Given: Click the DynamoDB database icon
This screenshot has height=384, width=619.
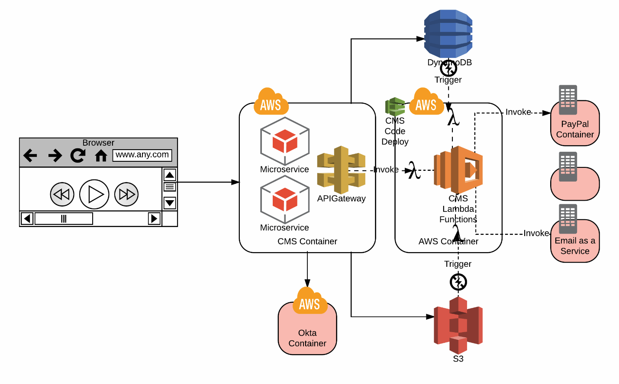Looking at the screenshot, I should pyautogui.click(x=448, y=34).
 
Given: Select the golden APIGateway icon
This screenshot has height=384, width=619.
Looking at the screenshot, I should pyautogui.click(x=341, y=170).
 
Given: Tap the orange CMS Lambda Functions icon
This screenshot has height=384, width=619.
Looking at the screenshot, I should pyautogui.click(x=458, y=170).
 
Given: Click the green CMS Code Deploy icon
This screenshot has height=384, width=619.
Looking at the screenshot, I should pyautogui.click(x=395, y=106).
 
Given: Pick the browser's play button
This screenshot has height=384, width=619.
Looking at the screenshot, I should pyautogui.click(x=94, y=194).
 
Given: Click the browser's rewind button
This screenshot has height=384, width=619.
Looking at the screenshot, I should pyautogui.click(x=62, y=194).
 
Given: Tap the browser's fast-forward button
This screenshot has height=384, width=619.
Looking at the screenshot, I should pyautogui.click(x=126, y=194).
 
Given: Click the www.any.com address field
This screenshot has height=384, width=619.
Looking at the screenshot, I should pyautogui.click(x=142, y=155).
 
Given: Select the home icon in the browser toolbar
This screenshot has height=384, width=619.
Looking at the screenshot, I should pyautogui.click(x=101, y=155).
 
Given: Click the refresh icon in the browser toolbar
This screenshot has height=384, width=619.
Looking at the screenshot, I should pyautogui.click(x=78, y=155).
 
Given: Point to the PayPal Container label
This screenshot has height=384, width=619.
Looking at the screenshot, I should pyautogui.click(x=575, y=129).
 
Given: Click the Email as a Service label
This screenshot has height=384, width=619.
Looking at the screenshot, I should pyautogui.click(x=575, y=246).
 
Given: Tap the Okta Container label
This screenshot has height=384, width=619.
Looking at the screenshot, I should pyautogui.click(x=307, y=338).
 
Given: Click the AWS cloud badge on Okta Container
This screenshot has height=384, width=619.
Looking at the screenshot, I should pyautogui.click(x=309, y=301).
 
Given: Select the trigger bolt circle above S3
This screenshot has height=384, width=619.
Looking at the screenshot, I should pyautogui.click(x=458, y=282).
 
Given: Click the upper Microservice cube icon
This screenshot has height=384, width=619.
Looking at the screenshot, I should pyautogui.click(x=284, y=141).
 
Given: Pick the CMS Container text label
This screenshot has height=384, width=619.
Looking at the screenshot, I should pyautogui.click(x=307, y=241).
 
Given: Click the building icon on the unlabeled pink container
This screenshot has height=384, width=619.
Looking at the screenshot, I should pyautogui.click(x=568, y=166).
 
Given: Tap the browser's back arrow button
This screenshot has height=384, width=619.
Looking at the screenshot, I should pyautogui.click(x=30, y=155).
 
